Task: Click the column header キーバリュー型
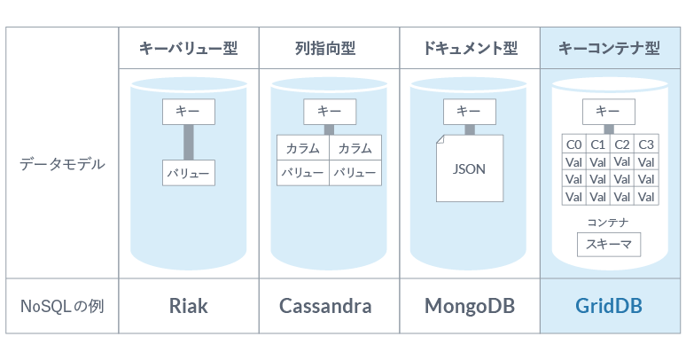(x=188, y=48)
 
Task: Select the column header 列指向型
(x=328, y=48)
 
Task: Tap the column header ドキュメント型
(x=470, y=48)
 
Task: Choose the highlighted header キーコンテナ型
(x=610, y=48)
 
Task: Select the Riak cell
(x=188, y=306)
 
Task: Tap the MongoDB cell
(x=470, y=306)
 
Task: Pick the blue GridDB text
(x=609, y=306)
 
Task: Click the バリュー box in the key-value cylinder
(x=189, y=173)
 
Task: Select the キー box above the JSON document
(x=469, y=111)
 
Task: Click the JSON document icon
(x=469, y=168)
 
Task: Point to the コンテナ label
(x=608, y=222)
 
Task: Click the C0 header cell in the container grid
(x=573, y=145)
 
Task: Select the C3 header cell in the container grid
(x=646, y=145)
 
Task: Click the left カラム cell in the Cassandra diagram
(x=302, y=148)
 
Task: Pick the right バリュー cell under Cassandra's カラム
(x=355, y=173)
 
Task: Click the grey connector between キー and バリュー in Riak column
(x=189, y=142)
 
